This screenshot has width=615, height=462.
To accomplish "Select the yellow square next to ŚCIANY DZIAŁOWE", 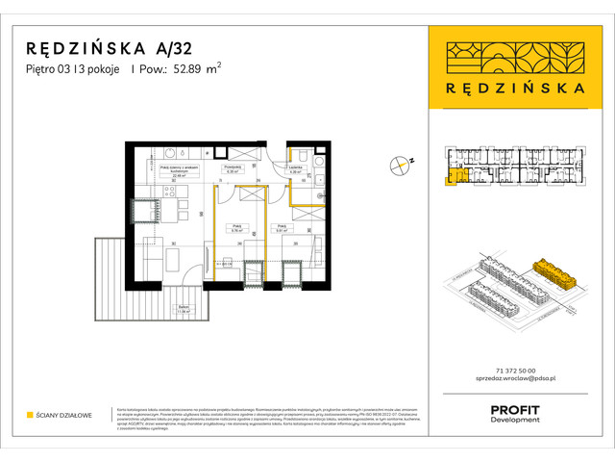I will point(31,415).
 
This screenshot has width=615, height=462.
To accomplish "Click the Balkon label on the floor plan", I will point(182,310).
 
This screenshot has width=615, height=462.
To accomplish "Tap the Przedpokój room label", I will point(232,167).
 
